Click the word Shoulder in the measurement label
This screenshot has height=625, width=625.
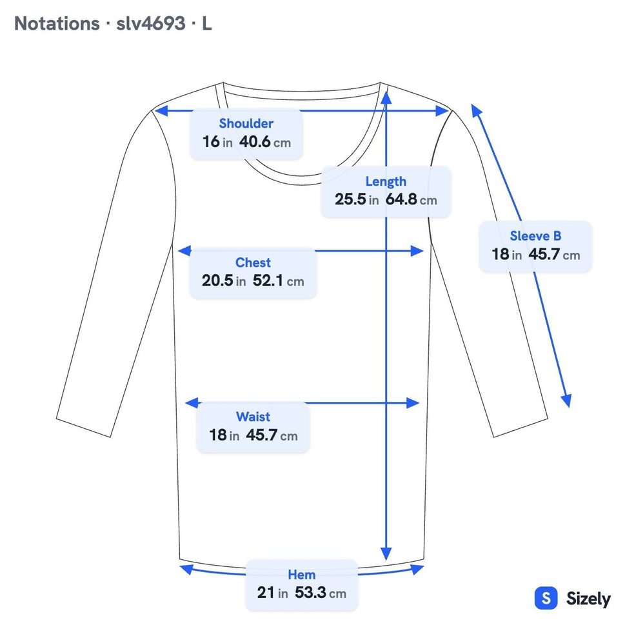coord(246,124)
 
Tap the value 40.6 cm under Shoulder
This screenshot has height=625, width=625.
coord(265,141)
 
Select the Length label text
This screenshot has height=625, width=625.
coord(386,181)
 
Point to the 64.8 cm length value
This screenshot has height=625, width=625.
coord(411,199)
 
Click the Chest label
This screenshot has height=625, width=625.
coord(253,263)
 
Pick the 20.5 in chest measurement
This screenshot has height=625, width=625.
coord(224,280)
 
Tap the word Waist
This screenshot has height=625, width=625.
coord(253,417)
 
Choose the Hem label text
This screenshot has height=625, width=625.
coord(302,575)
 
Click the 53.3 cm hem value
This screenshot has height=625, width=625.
coord(321,593)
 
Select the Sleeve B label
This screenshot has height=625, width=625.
coord(535,236)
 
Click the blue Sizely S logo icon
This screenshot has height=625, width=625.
coord(546,598)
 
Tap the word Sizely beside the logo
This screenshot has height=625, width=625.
coord(588,599)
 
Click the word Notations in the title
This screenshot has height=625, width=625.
coord(57,23)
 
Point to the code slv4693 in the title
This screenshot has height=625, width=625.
coord(151,23)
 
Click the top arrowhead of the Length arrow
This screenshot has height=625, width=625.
coord(386,97)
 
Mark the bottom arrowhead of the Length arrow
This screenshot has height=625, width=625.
coord(386,554)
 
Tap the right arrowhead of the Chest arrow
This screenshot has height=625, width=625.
coord(417,251)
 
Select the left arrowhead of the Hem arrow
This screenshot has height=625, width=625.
coord(186,569)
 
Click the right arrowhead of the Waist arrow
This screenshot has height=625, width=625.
coord(413,403)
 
